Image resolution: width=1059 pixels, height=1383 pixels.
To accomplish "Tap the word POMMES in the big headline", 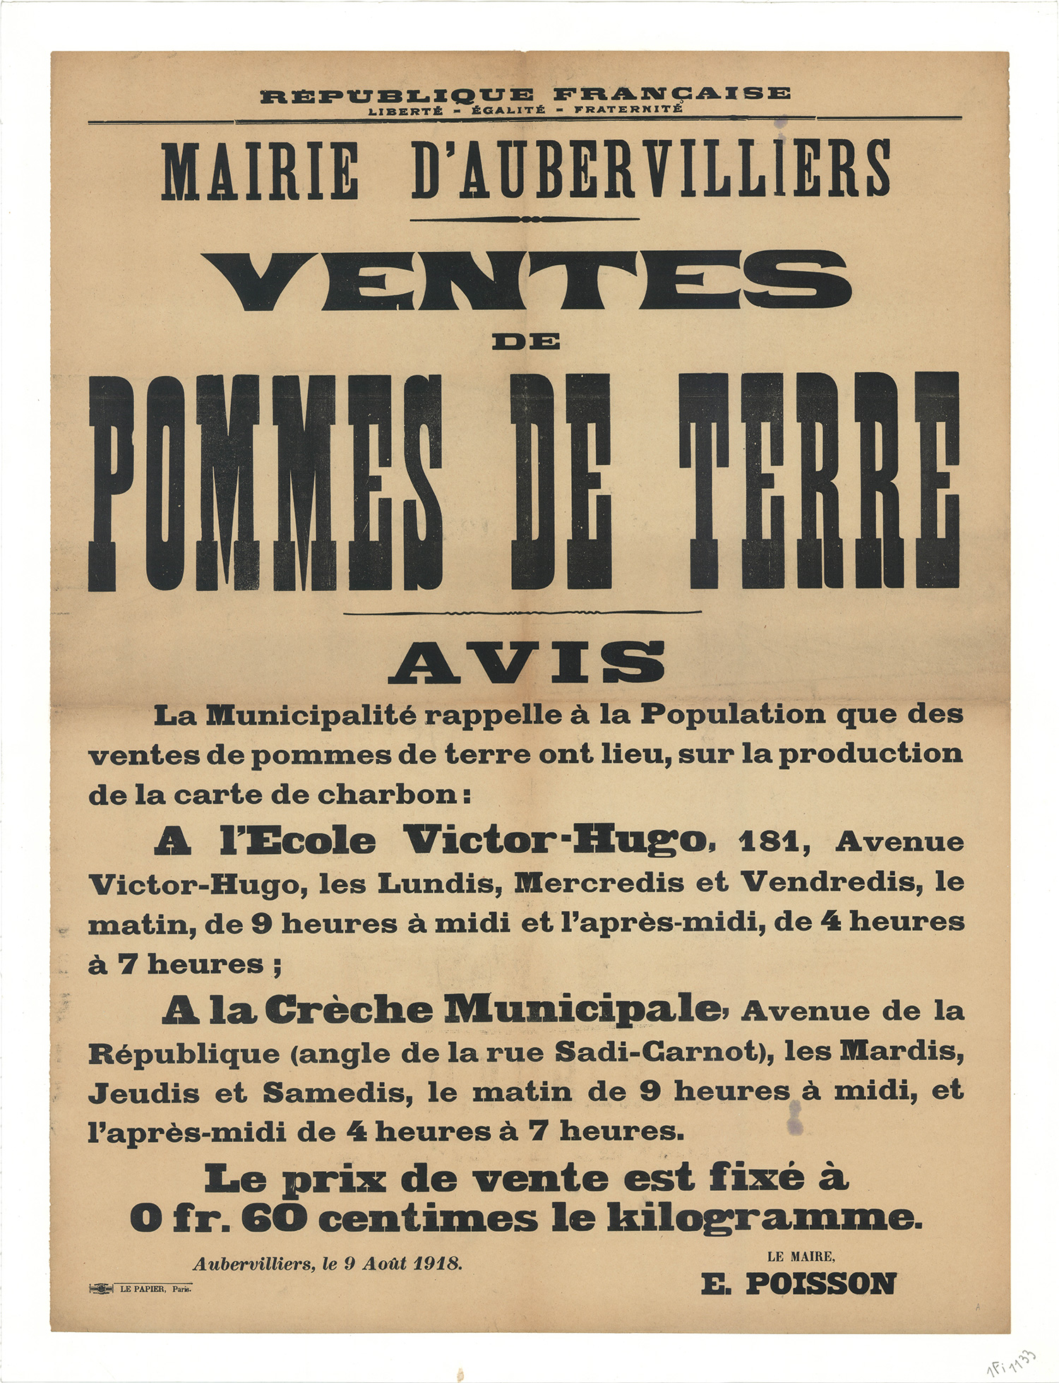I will click(265, 482).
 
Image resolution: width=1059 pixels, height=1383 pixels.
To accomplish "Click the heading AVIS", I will click(526, 663).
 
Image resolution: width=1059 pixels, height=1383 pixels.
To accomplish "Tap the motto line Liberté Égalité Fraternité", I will click(525, 109).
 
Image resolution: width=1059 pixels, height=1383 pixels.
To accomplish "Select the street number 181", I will click(768, 842).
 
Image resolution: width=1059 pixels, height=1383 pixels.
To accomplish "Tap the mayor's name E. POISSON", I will click(798, 1283).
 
